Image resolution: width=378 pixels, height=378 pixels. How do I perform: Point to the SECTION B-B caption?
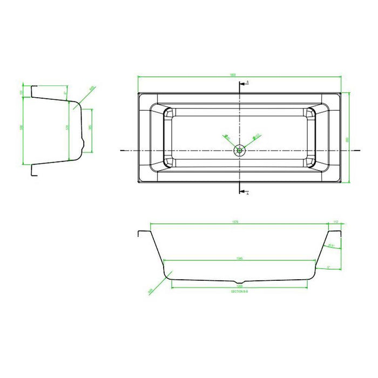point(238,291)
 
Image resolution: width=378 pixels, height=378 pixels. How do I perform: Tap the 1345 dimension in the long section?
point(238,258)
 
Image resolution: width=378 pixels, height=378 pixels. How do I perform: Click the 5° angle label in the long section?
point(328,267)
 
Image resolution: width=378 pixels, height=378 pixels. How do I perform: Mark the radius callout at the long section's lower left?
point(150,292)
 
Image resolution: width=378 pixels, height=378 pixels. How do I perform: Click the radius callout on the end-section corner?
point(92,89)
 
